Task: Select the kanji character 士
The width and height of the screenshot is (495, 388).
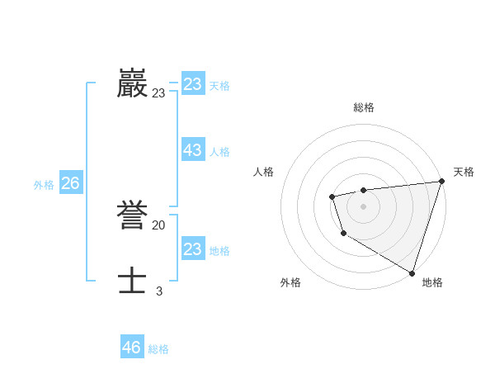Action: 133,280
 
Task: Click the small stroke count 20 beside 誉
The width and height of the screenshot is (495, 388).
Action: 158,225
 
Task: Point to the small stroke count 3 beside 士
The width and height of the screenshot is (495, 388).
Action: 158,291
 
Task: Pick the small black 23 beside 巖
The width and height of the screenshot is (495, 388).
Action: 158,93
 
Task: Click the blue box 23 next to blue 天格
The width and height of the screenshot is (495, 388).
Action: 193,84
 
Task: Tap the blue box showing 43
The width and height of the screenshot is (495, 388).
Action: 193,150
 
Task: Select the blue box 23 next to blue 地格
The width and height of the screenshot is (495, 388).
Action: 193,249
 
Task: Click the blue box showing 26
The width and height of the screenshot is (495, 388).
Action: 70,183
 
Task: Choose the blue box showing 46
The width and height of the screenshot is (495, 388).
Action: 132,348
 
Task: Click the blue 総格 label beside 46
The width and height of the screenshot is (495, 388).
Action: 158,349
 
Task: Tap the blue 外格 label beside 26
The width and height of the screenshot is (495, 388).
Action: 44,185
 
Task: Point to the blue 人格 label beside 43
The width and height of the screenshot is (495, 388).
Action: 219,152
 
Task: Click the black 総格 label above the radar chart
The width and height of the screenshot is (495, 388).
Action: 363,107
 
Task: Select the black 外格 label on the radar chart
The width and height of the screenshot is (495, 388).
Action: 290,282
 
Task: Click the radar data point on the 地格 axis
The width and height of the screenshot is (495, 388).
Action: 412,272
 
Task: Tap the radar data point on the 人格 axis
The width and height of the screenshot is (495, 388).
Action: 332,196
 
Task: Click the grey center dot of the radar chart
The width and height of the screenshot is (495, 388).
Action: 363,206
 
